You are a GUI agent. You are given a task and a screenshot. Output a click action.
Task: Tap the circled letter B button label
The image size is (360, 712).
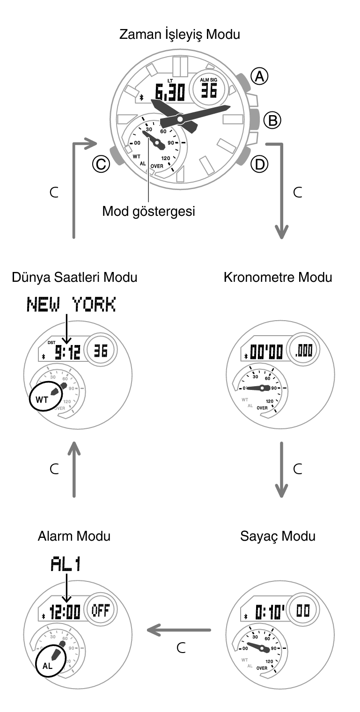coord(272,120)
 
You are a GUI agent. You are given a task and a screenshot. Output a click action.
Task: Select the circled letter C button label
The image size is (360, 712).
coord(101,164)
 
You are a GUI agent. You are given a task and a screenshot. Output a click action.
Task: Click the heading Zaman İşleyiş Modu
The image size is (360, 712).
coord(180,34)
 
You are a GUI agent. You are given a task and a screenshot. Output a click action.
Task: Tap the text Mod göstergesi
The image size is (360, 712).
coord(148,211)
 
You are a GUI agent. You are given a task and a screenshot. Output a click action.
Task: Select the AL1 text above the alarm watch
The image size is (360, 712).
coord(66,565)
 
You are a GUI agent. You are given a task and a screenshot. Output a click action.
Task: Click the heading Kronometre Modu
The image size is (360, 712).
coord(278,277)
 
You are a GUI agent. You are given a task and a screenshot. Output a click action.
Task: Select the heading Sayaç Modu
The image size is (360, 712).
coord(278,536)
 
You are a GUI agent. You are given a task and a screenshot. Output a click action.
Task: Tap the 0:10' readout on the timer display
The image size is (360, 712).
coord(270,611)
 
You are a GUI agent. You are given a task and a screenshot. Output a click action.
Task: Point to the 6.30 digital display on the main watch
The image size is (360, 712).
coord(170,92)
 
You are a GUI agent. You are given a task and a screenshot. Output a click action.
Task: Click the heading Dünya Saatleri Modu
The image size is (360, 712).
coord(74,277)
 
